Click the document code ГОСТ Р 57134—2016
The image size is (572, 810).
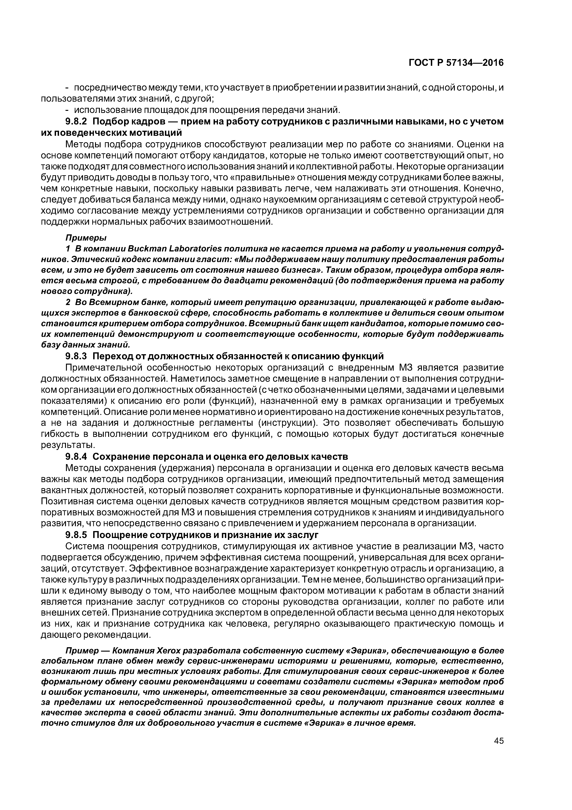coord(456,63)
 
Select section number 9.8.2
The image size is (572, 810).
coord(76,122)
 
